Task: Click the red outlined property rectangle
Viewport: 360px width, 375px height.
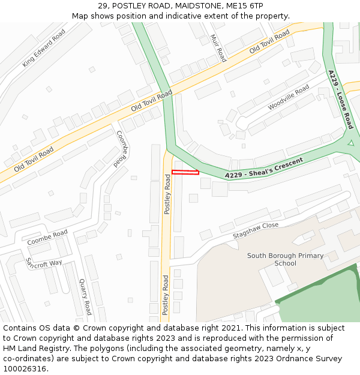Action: [x=185, y=173]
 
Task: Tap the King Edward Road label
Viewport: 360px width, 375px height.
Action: [x=44, y=49]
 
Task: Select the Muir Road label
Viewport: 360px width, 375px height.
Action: [x=218, y=48]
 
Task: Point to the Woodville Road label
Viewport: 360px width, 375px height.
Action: [x=289, y=97]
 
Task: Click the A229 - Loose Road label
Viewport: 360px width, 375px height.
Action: [x=341, y=99]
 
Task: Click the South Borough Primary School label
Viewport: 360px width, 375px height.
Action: [x=285, y=259]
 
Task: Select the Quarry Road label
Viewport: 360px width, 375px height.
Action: [x=85, y=296]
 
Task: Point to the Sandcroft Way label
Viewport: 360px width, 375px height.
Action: [x=43, y=263]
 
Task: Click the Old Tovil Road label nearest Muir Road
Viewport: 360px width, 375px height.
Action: [x=270, y=41]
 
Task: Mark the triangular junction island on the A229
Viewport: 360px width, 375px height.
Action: [x=350, y=144]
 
